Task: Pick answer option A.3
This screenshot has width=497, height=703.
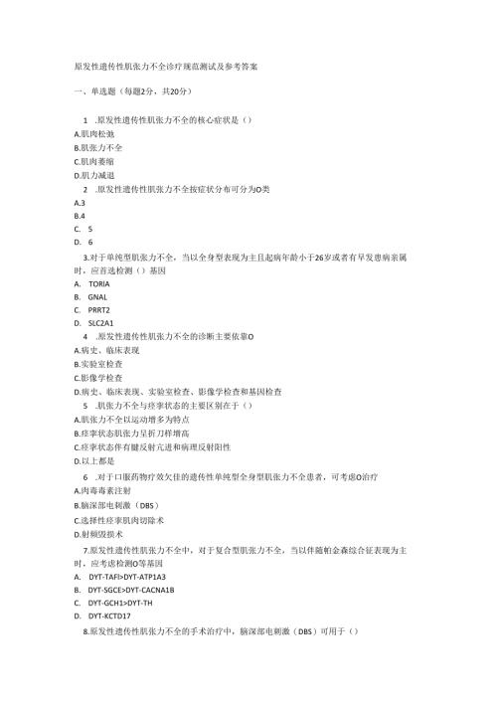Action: coord(80,201)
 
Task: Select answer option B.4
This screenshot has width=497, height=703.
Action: coord(80,214)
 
